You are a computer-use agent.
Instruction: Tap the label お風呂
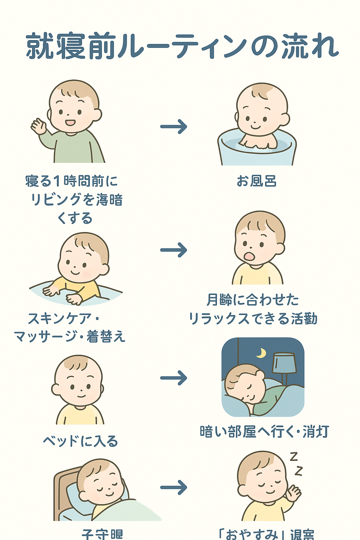[257, 181]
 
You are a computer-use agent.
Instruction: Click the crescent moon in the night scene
[261, 353]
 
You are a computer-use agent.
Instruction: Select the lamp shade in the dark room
[284, 363]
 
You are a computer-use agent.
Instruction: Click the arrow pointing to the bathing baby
[174, 127]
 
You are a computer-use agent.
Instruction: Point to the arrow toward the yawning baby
[174, 250]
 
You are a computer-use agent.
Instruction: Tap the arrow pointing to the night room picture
[174, 378]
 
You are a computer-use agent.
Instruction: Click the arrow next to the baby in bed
[174, 487]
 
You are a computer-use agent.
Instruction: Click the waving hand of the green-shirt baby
[39, 126]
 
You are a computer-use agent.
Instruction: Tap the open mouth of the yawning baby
[249, 256]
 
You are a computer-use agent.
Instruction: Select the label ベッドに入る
[80, 441]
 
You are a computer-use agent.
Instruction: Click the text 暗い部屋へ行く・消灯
[264, 432]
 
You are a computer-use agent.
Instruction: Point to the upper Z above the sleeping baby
[294, 456]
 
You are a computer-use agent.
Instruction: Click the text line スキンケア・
[63, 319]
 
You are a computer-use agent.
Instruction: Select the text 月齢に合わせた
[252, 300]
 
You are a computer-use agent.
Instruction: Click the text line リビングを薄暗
[76, 200]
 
